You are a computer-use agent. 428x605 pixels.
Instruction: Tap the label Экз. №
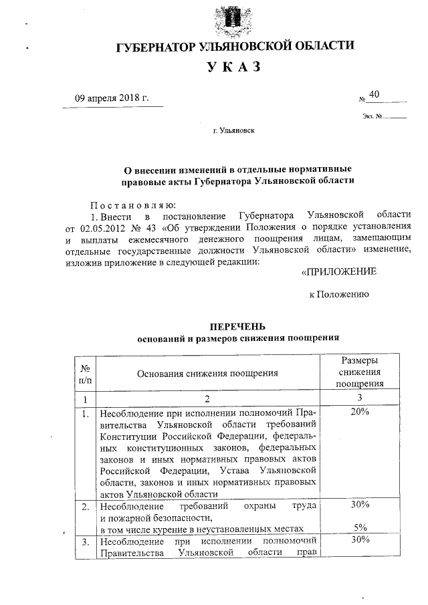(372, 118)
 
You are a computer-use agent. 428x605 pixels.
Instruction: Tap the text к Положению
(339, 294)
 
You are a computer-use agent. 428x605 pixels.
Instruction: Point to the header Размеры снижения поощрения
(359, 372)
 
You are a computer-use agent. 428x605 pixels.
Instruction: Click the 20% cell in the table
(360, 412)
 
